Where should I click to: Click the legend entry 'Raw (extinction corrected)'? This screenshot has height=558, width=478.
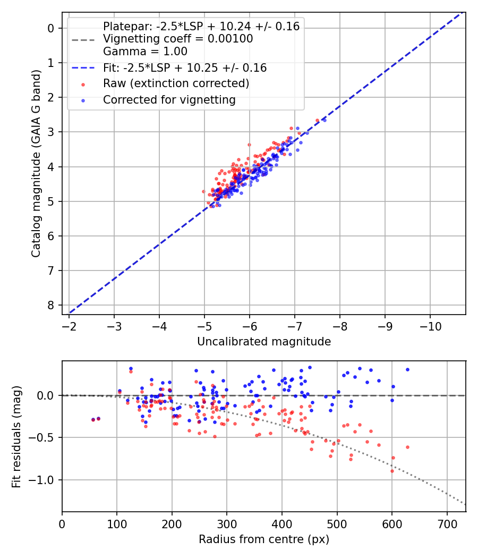click(176, 83)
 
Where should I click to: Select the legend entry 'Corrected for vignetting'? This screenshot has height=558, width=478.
click(169, 99)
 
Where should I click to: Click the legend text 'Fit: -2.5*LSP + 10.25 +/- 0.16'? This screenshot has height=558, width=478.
click(185, 68)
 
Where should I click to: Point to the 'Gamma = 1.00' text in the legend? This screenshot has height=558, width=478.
click(145, 52)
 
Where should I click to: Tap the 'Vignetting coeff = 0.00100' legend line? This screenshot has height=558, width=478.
click(178, 39)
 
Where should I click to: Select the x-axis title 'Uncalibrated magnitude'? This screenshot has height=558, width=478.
click(264, 342)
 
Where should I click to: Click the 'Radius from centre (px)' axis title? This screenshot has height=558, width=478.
click(264, 539)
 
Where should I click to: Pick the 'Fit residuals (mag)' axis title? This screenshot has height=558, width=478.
click(16, 437)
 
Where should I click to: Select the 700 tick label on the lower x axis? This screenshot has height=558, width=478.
click(447, 523)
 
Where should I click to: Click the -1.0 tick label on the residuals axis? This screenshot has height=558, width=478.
click(45, 480)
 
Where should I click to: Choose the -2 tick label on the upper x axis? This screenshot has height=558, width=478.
click(69, 326)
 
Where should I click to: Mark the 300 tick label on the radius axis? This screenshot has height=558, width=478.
click(227, 523)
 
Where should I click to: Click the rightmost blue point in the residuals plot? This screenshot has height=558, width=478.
click(407, 369)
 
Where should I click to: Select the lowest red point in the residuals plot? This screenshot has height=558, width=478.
click(392, 471)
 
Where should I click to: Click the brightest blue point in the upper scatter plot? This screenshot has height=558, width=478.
click(324, 120)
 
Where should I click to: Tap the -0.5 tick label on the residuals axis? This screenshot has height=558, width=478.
click(45, 437)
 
